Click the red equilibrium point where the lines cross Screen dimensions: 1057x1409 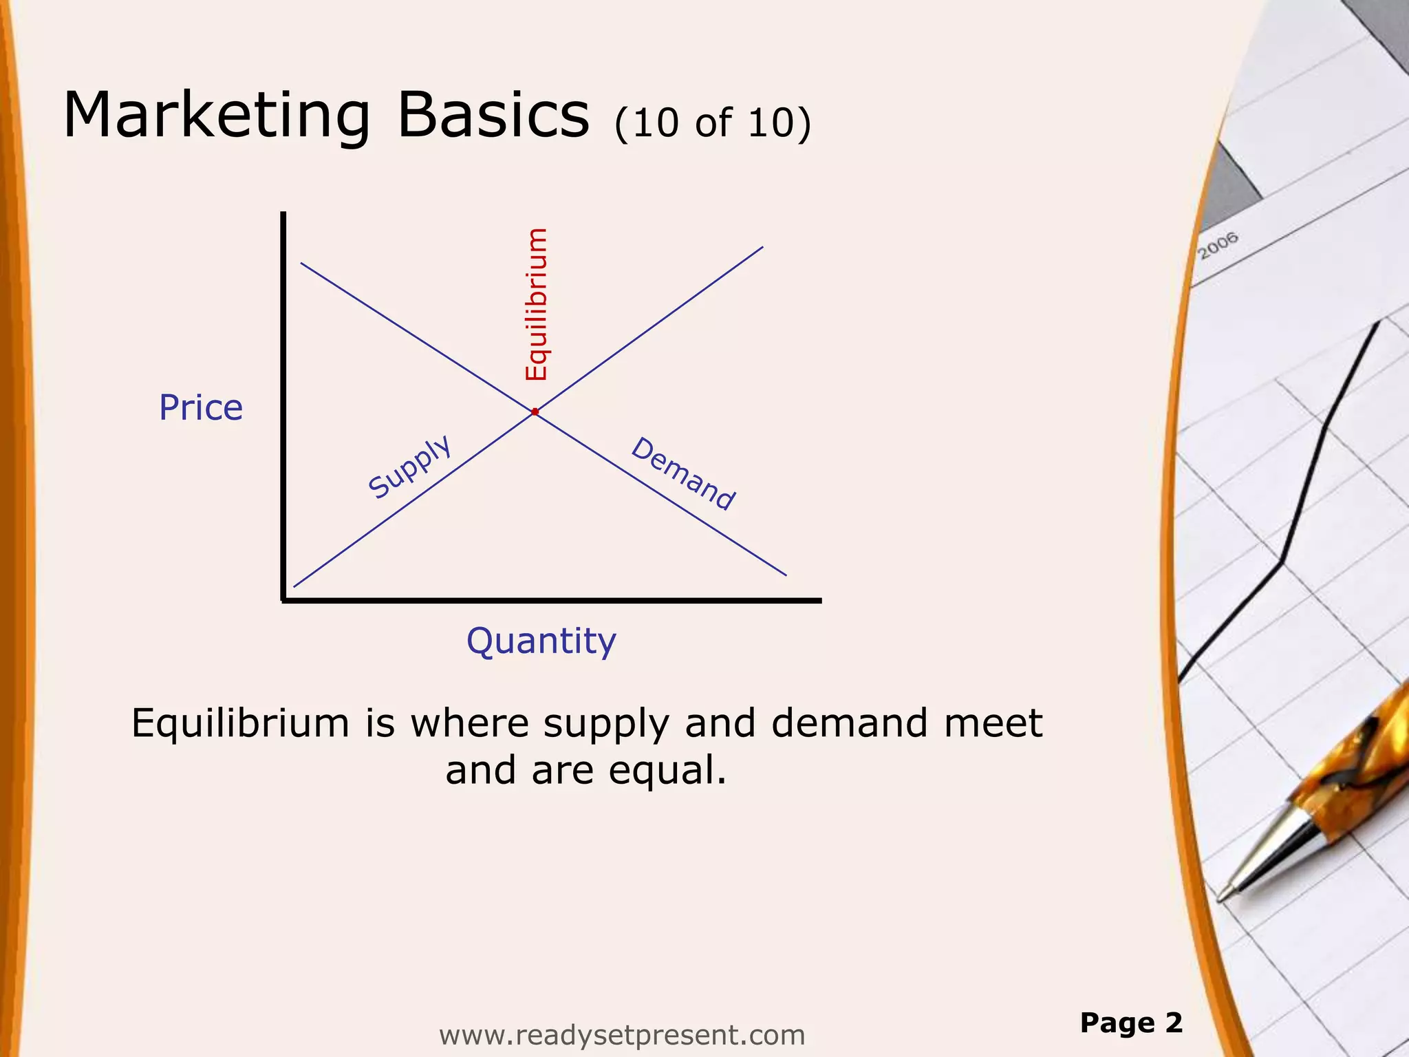[535, 412]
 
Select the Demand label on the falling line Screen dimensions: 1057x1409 [683, 474]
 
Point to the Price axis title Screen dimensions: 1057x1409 [201, 407]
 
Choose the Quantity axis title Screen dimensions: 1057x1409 [541, 641]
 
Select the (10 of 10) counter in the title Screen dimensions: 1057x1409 [713, 124]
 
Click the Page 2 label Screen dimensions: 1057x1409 [1131, 1023]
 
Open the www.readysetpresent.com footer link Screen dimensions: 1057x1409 [622, 1035]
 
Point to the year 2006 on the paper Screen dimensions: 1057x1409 [1218, 246]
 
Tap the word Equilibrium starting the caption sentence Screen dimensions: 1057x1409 [241, 724]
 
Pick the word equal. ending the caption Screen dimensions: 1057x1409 [667, 771]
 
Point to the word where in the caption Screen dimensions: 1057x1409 [470, 724]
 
